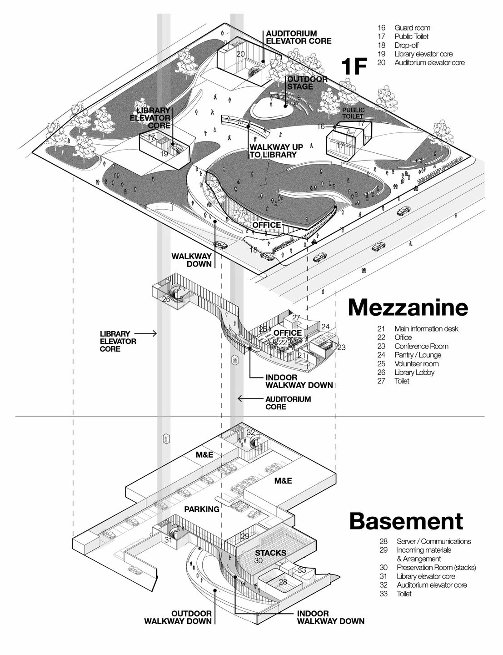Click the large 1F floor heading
pos(354,67)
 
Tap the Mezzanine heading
pos(408,307)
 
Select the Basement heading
pos(406,521)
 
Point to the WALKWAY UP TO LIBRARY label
pos(273,151)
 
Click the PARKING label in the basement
pos(202,509)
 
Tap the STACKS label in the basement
pos(270,553)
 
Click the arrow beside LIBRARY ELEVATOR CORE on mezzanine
pos(152,333)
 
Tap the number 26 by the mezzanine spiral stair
pos(166,299)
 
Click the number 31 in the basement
pos(169,540)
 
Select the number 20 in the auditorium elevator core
pos(240,54)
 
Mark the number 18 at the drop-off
pos(253,250)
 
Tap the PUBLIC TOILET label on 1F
pos(353,113)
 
